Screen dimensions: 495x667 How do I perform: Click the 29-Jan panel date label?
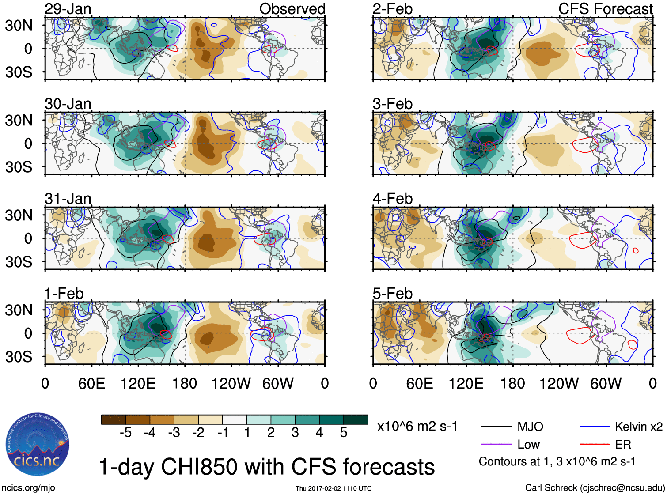coord(68,9)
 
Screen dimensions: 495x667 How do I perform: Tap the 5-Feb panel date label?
coord(392,294)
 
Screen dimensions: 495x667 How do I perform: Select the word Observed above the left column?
coord(292,9)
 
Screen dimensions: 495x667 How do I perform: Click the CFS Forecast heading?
coord(605,9)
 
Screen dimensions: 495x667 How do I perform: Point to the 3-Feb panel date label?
coord(392,104)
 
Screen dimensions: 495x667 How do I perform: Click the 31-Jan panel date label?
coord(68,199)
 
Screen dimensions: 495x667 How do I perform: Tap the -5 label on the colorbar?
coord(125,433)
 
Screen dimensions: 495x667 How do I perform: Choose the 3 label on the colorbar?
coord(295,433)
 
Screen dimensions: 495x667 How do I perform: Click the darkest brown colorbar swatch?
coord(113,419)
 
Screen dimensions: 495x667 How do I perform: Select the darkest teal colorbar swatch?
coord(356,419)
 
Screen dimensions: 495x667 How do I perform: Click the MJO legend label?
coord(530,427)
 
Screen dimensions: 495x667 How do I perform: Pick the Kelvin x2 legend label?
coord(638,427)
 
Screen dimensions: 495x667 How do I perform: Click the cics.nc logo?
coord(38,445)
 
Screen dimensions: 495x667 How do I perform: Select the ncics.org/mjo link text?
coord(28,488)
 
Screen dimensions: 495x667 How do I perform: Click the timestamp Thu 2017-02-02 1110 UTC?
coord(333,488)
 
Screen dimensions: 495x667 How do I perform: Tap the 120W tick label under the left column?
coord(231,383)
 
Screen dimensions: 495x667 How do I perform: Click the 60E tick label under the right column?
coord(419,383)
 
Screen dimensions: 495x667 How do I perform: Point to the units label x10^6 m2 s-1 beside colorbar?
coord(417,427)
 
